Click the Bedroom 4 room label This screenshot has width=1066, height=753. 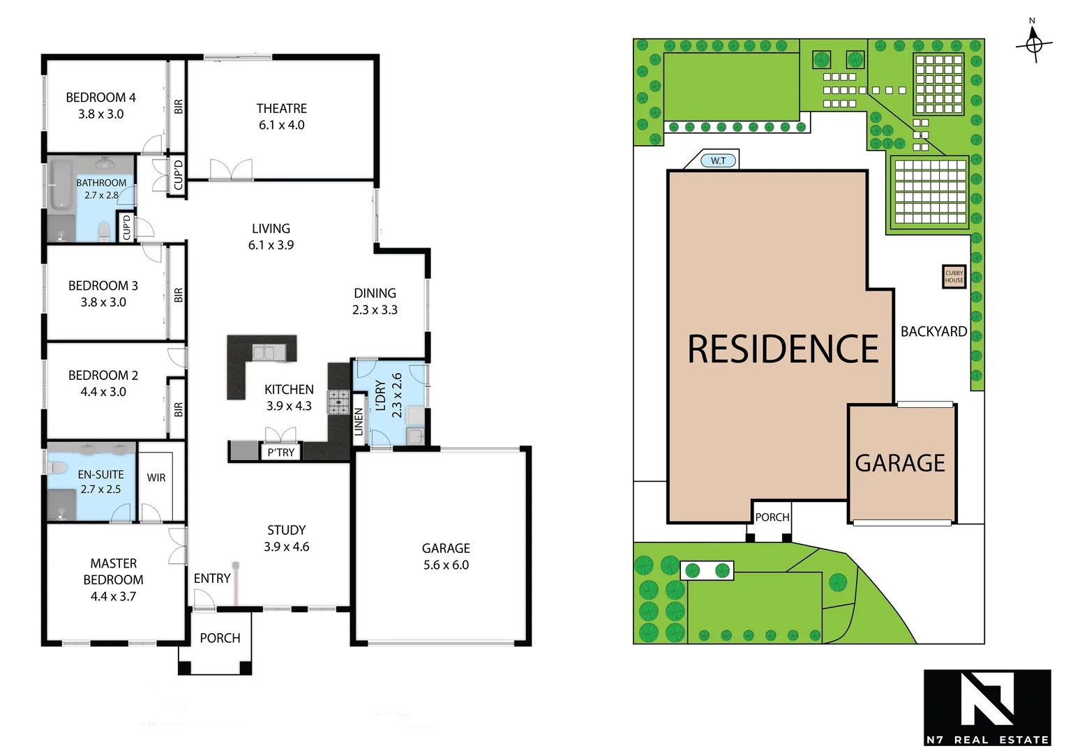pos(100,105)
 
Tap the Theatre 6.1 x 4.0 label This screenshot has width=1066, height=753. pos(281,116)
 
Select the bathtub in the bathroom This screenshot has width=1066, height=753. pos(61,184)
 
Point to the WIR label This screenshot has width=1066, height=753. pos(156,478)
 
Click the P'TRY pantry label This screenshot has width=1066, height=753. pos(281,452)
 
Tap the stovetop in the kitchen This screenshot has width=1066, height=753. pos(339,401)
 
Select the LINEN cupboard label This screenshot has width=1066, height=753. pos(359,422)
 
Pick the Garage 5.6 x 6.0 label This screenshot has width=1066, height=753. pos(446,556)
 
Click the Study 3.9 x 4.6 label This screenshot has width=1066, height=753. pos(286,538)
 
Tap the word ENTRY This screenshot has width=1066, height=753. pos(212,578)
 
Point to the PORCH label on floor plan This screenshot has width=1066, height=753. pos(220,638)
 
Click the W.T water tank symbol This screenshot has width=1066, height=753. pos(718,161)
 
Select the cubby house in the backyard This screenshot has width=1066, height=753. pos(954,277)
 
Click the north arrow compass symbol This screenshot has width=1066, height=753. pos(1033,44)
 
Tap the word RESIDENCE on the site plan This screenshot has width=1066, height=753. pos(783,349)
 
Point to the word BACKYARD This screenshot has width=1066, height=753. pos(933,332)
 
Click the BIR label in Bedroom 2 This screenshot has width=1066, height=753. pos(178,409)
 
